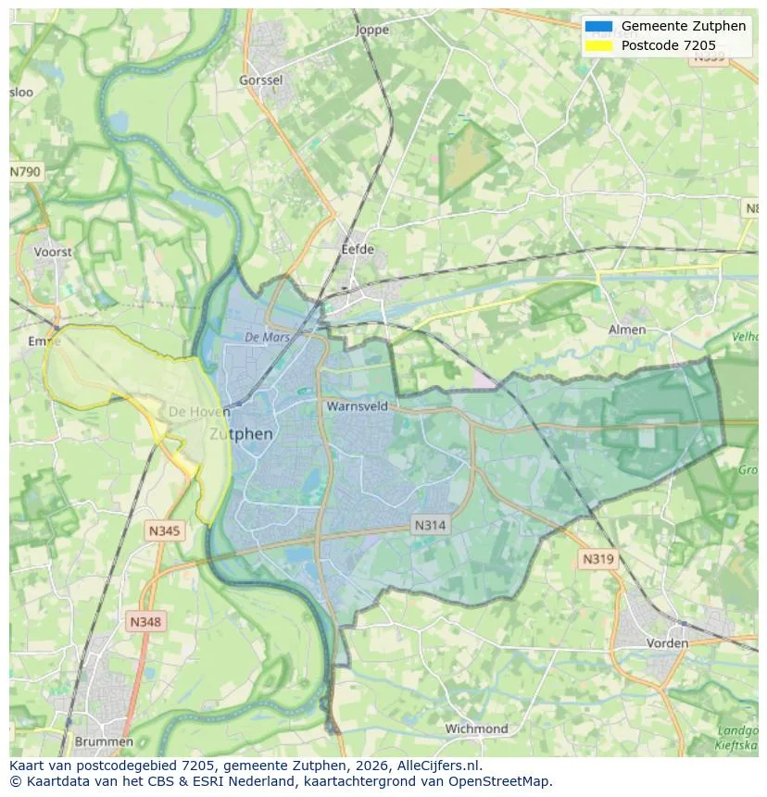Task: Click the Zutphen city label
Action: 241,433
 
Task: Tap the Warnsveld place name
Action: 357,405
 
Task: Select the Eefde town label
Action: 358,249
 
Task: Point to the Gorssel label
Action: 260,81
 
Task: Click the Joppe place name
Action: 372,30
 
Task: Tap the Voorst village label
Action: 52,252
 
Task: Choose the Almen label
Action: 627,330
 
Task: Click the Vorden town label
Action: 667,642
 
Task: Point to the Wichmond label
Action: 476,729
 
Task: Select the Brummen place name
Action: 103,741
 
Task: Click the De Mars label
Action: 268,338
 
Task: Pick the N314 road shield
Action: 430,525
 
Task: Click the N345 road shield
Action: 165,530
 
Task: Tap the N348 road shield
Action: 145,622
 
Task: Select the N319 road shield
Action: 597,559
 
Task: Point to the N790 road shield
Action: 25,172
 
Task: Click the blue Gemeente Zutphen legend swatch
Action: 598,26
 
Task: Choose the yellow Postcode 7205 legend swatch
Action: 598,45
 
